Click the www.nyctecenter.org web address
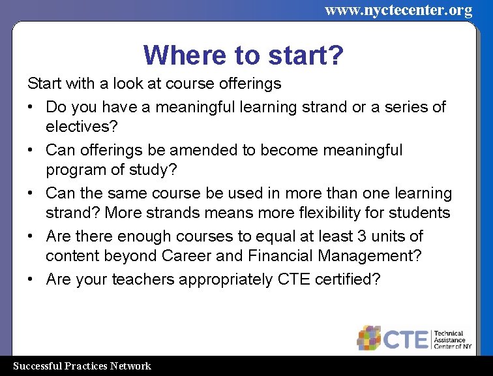pos(398,10)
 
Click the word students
pos(421,213)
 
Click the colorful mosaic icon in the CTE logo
pos(370,337)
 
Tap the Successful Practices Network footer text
pos(82,366)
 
